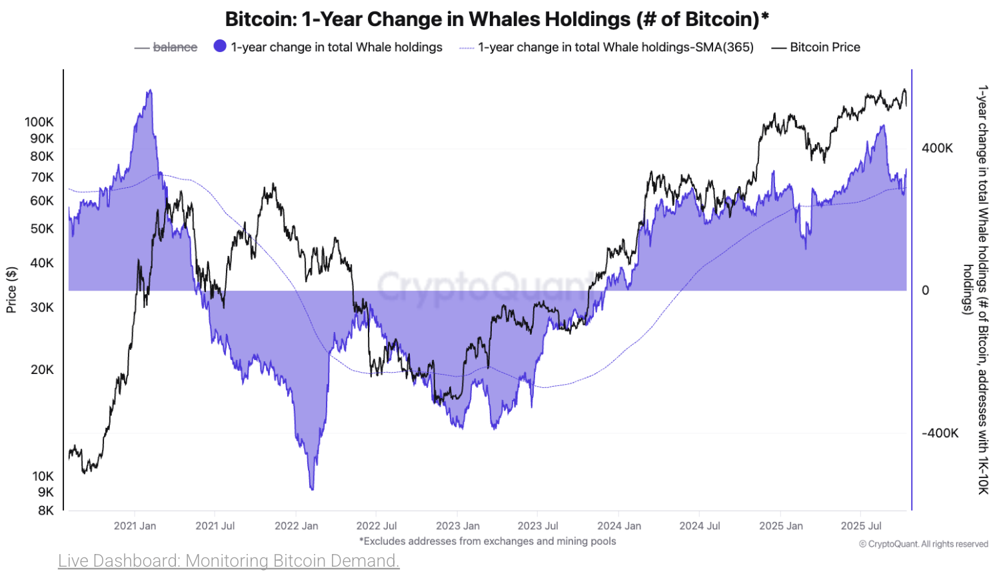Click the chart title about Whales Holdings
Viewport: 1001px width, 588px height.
click(x=497, y=19)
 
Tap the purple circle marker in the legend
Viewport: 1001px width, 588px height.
click(x=220, y=46)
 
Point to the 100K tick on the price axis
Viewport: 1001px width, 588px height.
click(x=39, y=122)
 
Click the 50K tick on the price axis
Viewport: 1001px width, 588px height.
click(x=42, y=229)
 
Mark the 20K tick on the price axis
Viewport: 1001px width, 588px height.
click(x=42, y=370)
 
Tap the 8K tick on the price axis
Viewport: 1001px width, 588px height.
click(x=45, y=511)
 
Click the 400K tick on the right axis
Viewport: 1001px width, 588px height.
click(x=937, y=148)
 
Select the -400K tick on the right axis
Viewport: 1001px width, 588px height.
click(x=940, y=433)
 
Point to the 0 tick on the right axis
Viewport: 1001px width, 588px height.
click(x=925, y=291)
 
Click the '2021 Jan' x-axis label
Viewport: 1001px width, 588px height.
click(x=135, y=526)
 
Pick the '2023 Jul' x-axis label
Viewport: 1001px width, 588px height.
click(x=538, y=526)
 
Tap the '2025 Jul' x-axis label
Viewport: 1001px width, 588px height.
click(x=861, y=526)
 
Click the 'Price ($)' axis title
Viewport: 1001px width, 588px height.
click(x=11, y=290)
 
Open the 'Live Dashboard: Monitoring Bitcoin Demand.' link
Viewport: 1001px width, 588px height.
click(x=229, y=561)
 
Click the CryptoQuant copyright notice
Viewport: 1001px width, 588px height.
click(x=923, y=544)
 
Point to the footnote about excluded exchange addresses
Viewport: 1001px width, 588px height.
click(x=488, y=541)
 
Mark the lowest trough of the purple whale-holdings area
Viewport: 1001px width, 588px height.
click(x=312, y=489)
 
